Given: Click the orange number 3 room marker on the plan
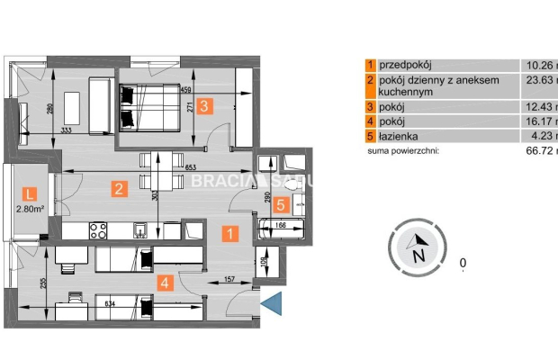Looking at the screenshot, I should click(205, 105).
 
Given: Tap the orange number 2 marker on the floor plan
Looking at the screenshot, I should click(117, 189).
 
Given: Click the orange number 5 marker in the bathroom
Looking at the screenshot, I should click(281, 204).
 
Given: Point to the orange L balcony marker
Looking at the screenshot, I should click(30, 193).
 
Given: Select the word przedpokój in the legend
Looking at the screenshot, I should click(406, 65).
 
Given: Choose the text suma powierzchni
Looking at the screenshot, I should click(402, 152).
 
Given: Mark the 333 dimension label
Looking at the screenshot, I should click(66, 130).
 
